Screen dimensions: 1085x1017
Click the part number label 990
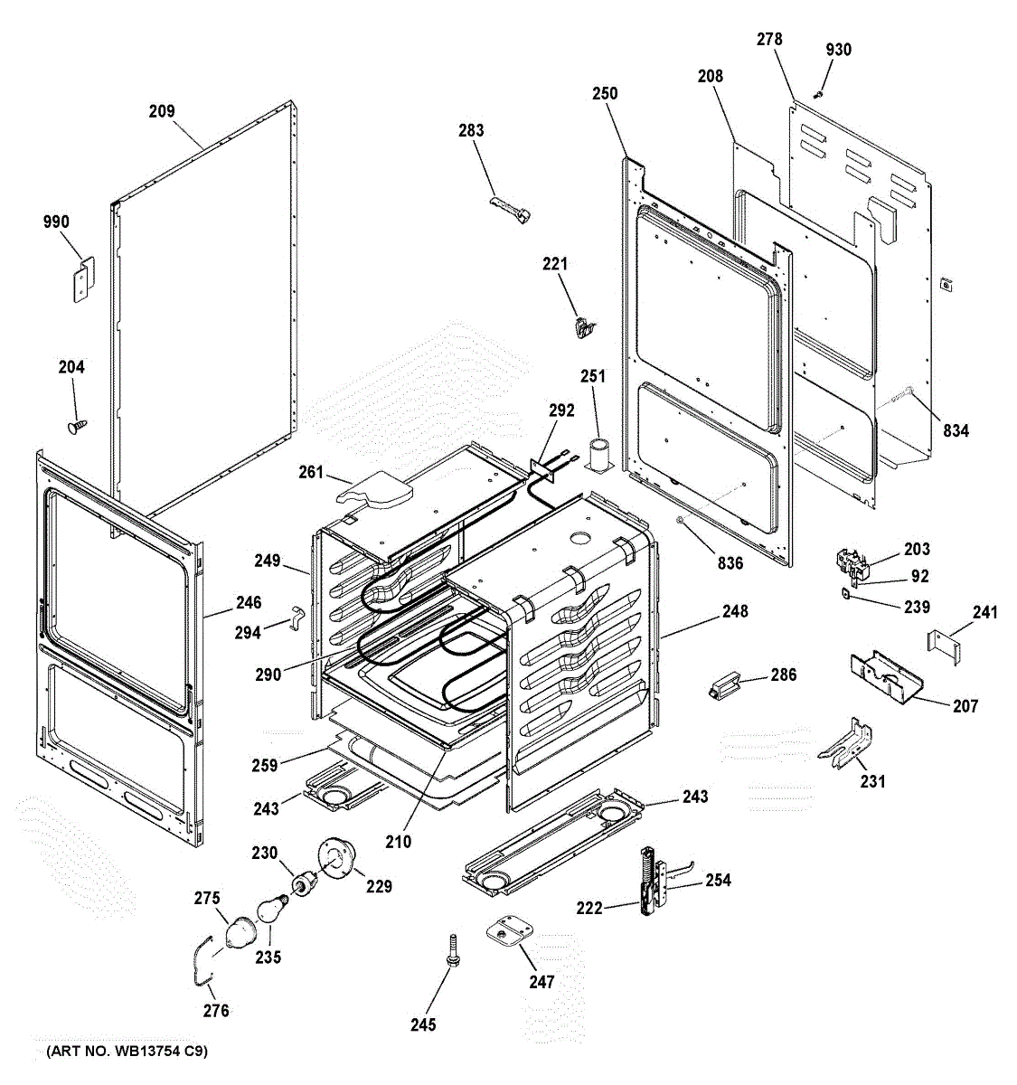coord(56,222)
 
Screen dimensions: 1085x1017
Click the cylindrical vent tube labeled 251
coord(598,454)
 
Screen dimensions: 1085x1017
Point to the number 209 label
coord(162,111)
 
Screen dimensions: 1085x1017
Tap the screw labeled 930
coord(819,93)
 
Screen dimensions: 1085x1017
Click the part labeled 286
coord(724,686)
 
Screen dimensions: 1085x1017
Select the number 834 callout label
coord(951,430)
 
